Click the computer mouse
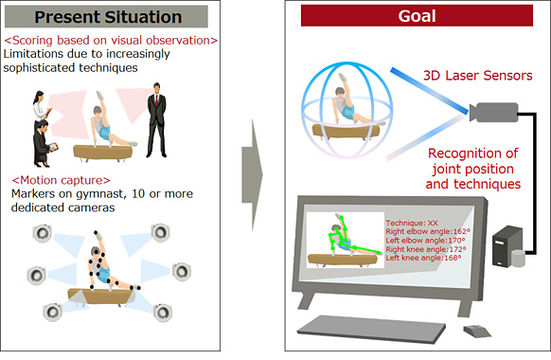point(471,330)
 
